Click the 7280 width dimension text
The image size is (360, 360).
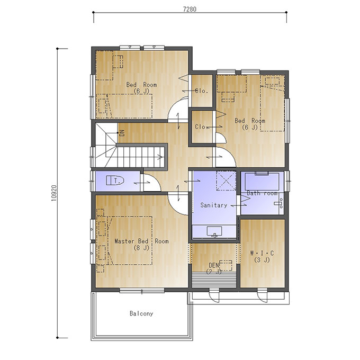coord(190,9)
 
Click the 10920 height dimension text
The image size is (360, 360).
coord(53,193)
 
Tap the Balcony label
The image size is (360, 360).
coord(141,313)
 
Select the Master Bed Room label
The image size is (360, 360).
coord(141,241)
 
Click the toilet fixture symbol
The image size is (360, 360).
coord(115,181)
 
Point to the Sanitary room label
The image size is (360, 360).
coord(214,205)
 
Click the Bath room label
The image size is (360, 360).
coord(262,193)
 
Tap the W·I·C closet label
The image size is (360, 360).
coord(262,253)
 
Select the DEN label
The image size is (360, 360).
coord(214,265)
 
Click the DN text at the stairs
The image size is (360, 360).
coord(122,133)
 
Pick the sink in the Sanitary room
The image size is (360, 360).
coord(214,231)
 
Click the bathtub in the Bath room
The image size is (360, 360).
coord(262,182)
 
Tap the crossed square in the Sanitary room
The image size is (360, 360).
coord(226,181)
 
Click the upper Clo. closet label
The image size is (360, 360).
coord(202,91)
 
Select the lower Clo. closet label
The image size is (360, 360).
coord(202,127)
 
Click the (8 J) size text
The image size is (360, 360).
coord(141,248)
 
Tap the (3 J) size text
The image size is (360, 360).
coord(262,260)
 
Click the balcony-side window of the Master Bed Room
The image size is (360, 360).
coord(142,291)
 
